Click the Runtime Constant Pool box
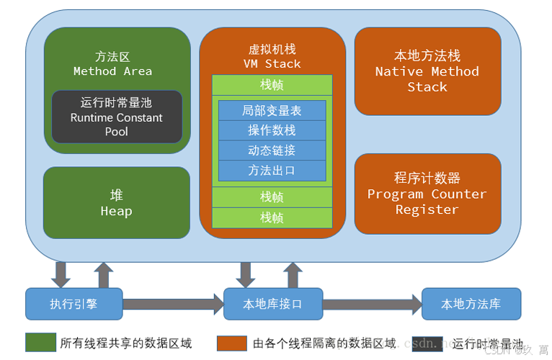click(117, 117)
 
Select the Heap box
click(117, 202)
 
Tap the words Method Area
click(113, 71)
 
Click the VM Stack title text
click(272, 63)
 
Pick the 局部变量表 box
click(272, 110)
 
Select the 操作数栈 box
click(272, 130)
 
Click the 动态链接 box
click(272, 150)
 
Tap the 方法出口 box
click(272, 171)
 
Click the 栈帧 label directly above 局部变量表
click(272, 84)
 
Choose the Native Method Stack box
click(427, 71)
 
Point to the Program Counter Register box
click(427, 194)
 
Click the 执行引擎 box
click(74, 304)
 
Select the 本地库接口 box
click(272, 304)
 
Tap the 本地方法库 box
click(471, 304)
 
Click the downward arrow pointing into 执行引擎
click(61, 274)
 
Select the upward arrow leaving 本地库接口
click(292, 274)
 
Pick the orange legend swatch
click(231, 343)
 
